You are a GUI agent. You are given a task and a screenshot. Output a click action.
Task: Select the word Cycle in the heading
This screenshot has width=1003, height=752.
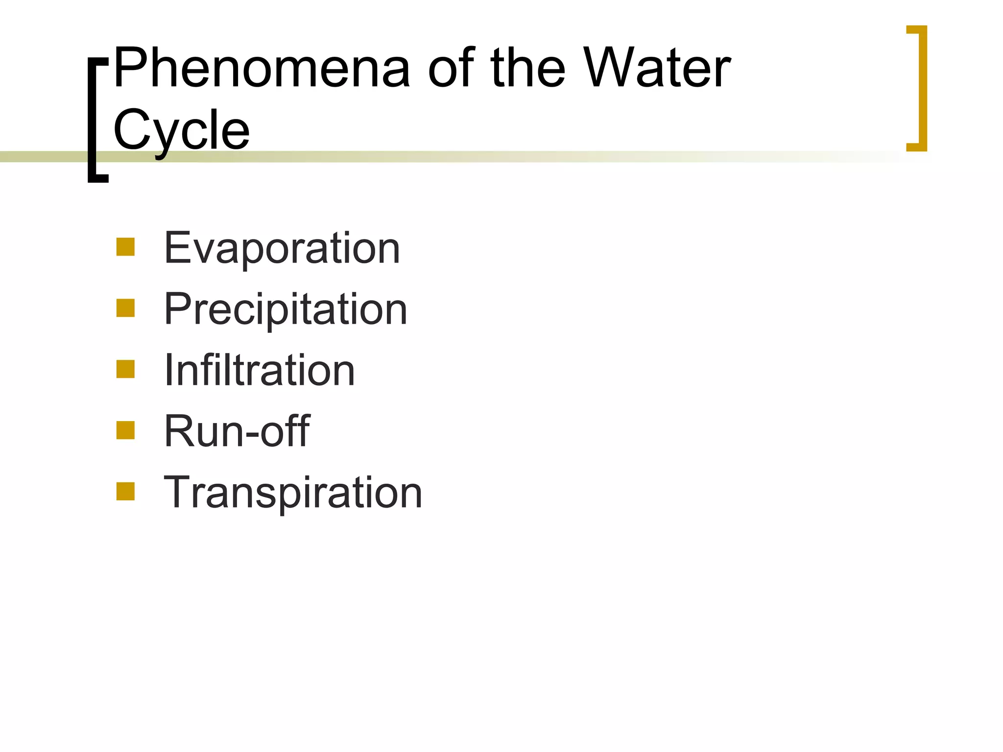(x=181, y=130)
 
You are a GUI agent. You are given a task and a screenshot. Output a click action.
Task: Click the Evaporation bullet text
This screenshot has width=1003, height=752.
(x=282, y=248)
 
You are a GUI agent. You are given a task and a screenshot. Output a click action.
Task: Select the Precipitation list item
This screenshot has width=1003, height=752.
(x=286, y=309)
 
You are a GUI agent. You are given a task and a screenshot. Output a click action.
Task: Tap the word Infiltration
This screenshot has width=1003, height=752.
(x=259, y=370)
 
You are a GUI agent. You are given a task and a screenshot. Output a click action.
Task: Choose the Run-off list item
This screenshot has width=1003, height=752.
(x=237, y=431)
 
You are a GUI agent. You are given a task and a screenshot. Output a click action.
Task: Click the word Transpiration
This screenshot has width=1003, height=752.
(x=293, y=492)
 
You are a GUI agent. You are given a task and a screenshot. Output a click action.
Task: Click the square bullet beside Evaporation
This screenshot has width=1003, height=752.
(x=125, y=247)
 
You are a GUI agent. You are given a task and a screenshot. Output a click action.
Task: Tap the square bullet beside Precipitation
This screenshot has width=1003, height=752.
(x=125, y=308)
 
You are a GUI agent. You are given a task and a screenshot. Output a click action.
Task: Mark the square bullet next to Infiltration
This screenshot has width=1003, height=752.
(x=125, y=370)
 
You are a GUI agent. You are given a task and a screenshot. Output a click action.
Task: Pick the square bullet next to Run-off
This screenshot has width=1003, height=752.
(x=125, y=430)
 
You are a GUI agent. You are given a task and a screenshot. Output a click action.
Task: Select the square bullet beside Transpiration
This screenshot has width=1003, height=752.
(x=125, y=492)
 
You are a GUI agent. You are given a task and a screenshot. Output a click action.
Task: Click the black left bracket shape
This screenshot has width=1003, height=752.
(x=92, y=120)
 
